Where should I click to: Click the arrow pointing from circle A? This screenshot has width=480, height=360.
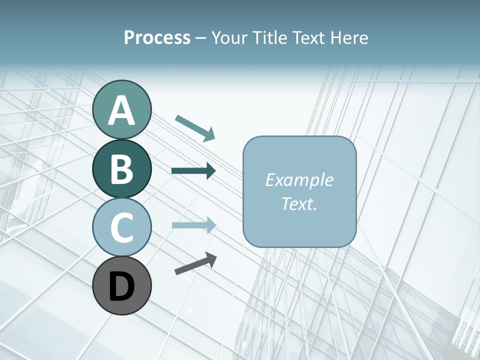click(195, 127)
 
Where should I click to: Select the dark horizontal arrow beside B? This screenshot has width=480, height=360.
click(193, 171)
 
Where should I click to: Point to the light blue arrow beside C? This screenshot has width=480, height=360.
click(193, 225)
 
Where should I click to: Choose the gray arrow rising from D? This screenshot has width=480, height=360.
click(195, 263)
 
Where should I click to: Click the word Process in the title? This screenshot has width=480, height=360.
click(157, 38)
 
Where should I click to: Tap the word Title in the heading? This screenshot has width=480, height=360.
click(270, 38)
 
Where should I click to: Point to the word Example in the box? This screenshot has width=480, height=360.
click(299, 180)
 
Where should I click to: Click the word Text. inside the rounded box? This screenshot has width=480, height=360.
click(299, 204)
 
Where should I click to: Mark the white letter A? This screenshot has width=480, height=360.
click(122, 110)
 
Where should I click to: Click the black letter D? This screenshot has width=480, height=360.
click(122, 286)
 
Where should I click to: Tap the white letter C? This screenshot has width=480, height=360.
click(122, 227)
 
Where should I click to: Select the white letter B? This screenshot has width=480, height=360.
click(122, 169)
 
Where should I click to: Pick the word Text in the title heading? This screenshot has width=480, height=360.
click(307, 38)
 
